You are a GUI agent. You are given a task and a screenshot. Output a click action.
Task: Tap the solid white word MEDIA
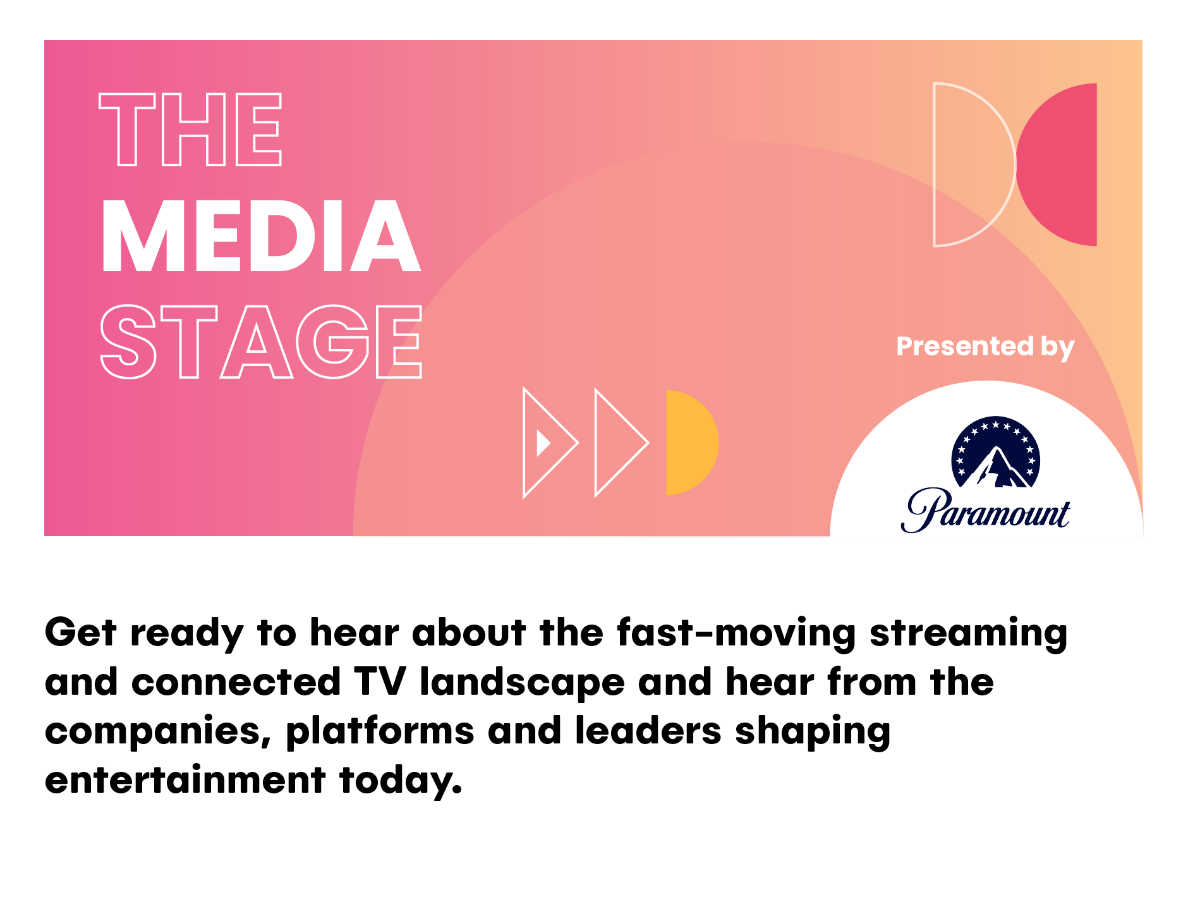point(260,236)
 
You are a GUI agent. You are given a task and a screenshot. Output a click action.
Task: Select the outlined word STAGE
point(261,341)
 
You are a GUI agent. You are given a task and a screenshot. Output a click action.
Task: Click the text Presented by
point(985,347)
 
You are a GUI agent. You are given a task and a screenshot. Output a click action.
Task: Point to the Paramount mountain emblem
point(996,451)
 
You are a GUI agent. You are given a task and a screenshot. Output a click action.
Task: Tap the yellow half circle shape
point(691,443)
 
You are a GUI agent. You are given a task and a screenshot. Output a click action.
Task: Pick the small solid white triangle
point(542,443)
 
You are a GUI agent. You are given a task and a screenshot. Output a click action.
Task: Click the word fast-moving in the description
point(736,632)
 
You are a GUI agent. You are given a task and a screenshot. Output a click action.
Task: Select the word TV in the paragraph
point(379,682)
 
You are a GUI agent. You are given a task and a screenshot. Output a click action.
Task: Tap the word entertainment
point(185,780)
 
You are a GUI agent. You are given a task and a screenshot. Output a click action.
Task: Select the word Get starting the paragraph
point(81,632)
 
